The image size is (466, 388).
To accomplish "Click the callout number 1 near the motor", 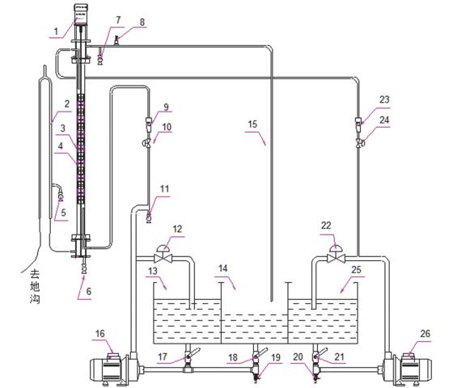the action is click(x=56, y=32).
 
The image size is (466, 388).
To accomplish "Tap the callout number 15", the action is click(x=252, y=124).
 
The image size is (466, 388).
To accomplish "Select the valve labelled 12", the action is click(x=163, y=254).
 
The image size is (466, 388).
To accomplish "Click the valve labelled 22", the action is click(x=336, y=254).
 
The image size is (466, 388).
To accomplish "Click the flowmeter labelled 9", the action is click(x=148, y=124).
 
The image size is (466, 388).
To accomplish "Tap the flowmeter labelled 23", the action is click(x=358, y=124).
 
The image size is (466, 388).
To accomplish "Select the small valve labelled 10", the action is click(x=147, y=143).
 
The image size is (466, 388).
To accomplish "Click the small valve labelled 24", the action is click(x=359, y=143).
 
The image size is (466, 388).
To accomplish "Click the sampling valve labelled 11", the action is click(x=149, y=217).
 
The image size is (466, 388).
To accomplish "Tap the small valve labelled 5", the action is click(x=61, y=196).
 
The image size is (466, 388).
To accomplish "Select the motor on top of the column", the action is click(x=81, y=14).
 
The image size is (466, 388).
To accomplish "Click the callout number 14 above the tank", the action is click(x=223, y=268).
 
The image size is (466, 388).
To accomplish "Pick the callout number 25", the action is click(x=356, y=269).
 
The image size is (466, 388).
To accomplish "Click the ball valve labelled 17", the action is click(x=189, y=356).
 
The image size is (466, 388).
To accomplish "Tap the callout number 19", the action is click(x=276, y=357).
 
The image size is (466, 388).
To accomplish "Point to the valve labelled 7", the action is click(x=101, y=57).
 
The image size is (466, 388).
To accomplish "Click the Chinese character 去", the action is click(x=35, y=274).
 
